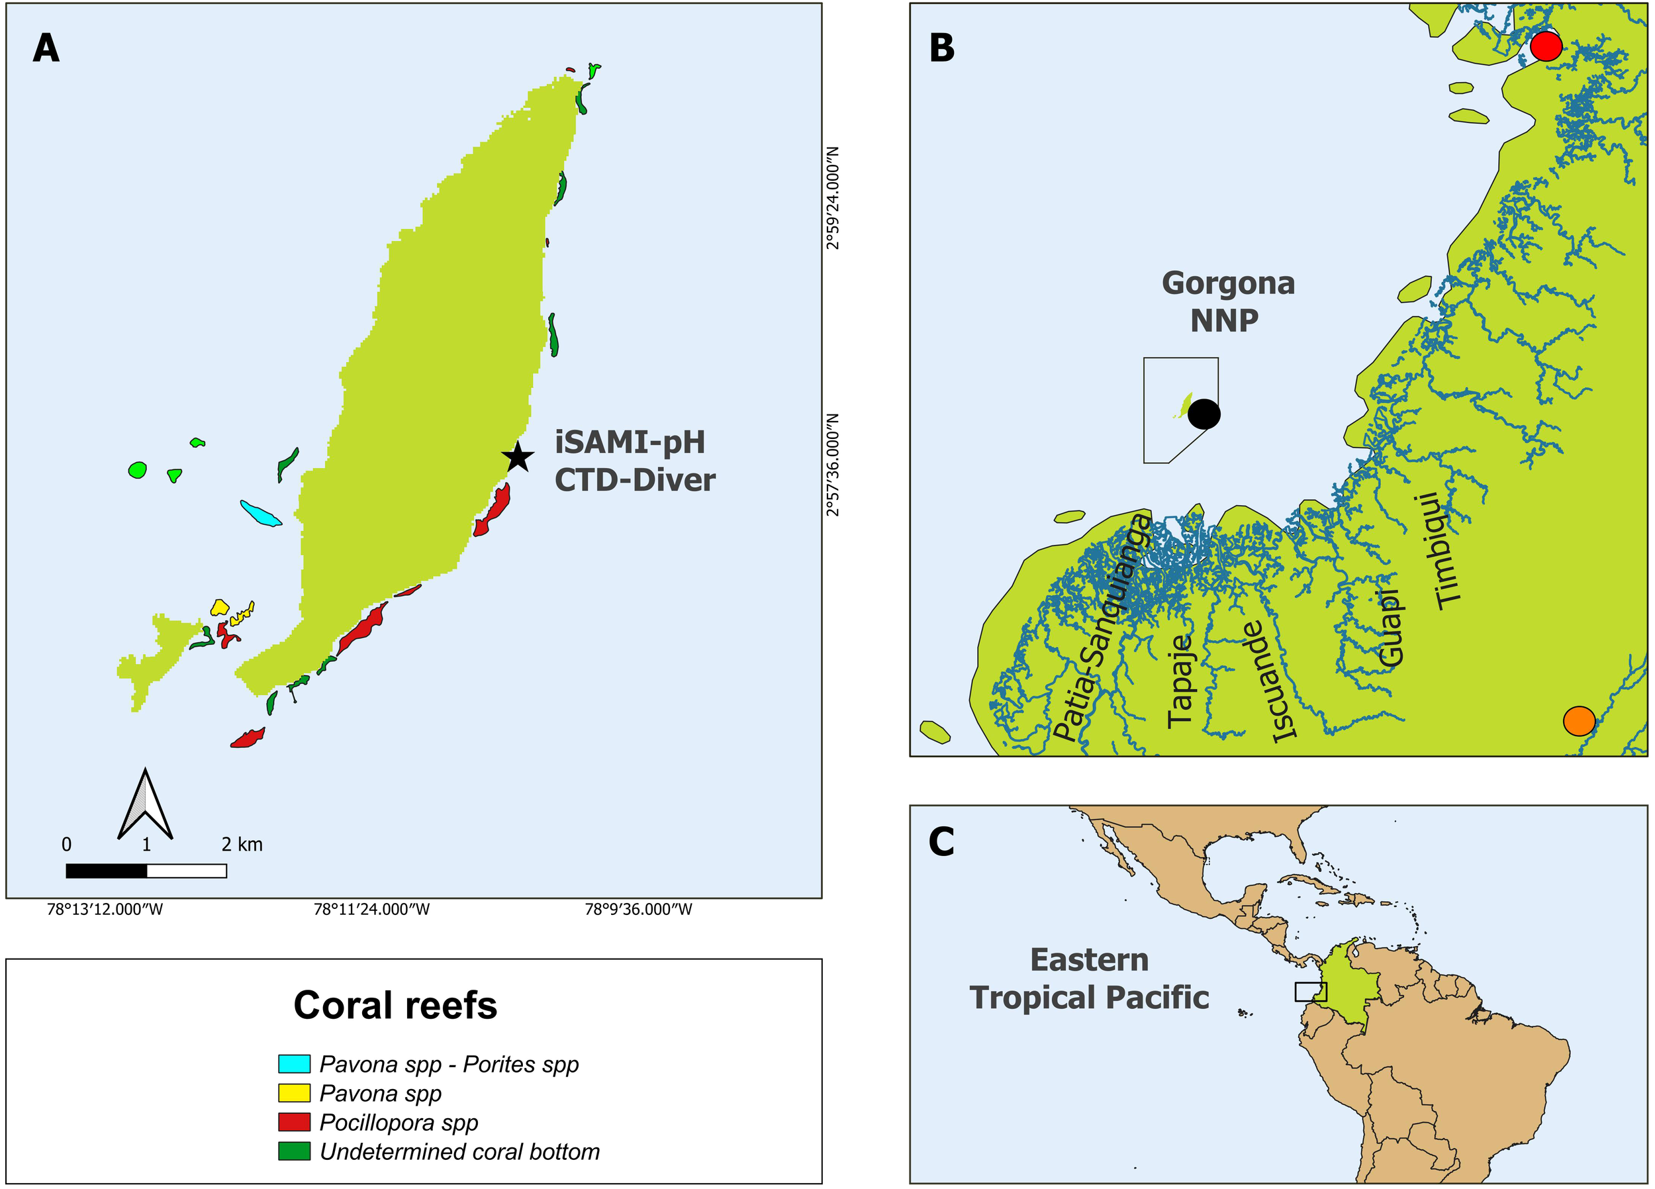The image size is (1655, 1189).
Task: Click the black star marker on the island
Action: [x=518, y=457]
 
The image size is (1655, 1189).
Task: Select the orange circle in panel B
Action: [x=1578, y=721]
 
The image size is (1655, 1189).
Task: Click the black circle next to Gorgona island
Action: [x=1204, y=414]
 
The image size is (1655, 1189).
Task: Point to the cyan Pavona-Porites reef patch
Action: [x=261, y=513]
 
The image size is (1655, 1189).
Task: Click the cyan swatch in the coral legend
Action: [x=294, y=1063]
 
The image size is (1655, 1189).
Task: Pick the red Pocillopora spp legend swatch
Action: [x=294, y=1122]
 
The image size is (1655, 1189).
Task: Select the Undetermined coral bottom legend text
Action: [x=459, y=1151]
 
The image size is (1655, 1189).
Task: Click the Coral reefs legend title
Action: [x=395, y=1005]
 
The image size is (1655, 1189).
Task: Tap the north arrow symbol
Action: [x=145, y=805]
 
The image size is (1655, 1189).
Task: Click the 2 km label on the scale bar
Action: [x=242, y=845]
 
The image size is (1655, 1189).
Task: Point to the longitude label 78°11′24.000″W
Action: [x=371, y=910]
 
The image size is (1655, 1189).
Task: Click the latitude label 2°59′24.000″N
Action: [x=833, y=198]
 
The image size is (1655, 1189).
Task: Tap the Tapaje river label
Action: [x=1179, y=681]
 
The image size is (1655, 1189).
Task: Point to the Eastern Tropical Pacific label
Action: [x=1089, y=978]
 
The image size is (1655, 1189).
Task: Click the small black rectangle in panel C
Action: [x=1311, y=991]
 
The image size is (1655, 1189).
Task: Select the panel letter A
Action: [x=46, y=49]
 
